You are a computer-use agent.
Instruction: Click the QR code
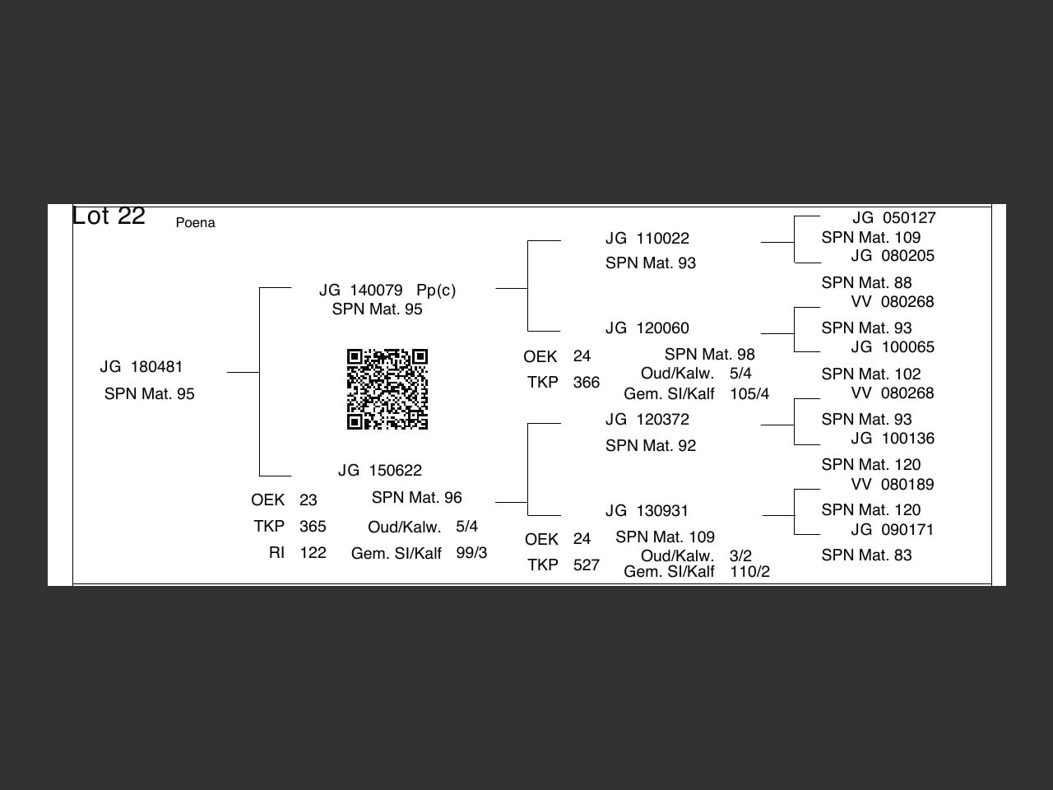(x=387, y=389)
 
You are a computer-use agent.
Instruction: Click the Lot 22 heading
(x=109, y=216)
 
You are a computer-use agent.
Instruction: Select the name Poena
(x=195, y=223)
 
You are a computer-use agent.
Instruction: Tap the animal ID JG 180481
(x=141, y=367)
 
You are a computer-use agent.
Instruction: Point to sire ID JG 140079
(x=361, y=290)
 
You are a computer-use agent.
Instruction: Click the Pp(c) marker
(x=436, y=290)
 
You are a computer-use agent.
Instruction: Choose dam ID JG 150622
(x=380, y=471)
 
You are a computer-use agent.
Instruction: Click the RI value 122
(x=313, y=553)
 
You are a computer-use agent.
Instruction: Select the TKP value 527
(x=586, y=565)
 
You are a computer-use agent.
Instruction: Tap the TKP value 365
(x=313, y=527)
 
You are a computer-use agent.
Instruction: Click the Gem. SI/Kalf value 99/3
(x=471, y=553)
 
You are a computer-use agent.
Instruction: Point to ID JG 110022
(x=647, y=239)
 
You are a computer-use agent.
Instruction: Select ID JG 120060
(x=647, y=328)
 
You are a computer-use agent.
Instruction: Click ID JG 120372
(x=647, y=420)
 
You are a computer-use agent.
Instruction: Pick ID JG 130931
(x=647, y=511)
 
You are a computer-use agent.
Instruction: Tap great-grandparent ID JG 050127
(x=893, y=218)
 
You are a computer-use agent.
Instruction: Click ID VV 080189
(x=893, y=485)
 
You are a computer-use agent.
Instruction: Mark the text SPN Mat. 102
(x=871, y=374)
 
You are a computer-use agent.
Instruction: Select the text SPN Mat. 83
(x=866, y=555)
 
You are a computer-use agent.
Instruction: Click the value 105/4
(x=749, y=394)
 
